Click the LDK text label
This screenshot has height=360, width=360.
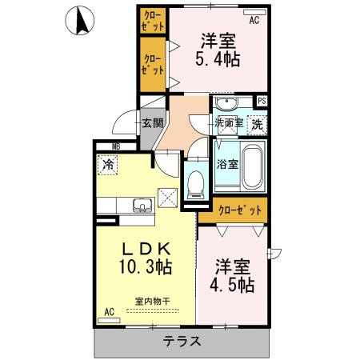(144, 247)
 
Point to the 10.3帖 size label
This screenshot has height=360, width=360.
(146, 266)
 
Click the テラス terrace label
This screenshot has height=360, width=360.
(182, 342)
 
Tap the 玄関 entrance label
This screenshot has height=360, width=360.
(152, 123)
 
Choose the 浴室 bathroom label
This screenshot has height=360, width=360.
(227, 165)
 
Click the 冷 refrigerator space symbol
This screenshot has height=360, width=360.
(108, 166)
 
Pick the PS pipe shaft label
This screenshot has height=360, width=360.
(261, 100)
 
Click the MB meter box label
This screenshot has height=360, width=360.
(115, 146)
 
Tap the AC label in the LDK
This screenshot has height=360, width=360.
(108, 311)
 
